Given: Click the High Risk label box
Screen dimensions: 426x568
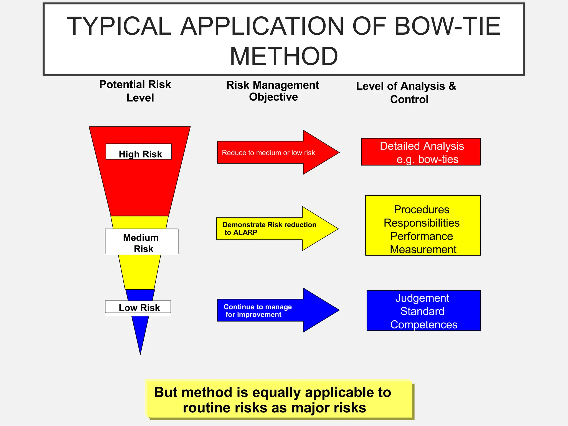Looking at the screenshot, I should tap(139, 152).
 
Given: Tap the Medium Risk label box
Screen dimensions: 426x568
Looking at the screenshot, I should tap(141, 242).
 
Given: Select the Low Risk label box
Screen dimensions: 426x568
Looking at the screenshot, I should tap(138, 307).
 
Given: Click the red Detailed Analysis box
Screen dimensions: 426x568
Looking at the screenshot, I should tap(421, 152).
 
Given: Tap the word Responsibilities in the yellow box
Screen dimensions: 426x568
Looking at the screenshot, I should tap(422, 223).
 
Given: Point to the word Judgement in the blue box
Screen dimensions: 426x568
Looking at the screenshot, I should tap(422, 298).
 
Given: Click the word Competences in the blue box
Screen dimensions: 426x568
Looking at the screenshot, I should tap(424, 324).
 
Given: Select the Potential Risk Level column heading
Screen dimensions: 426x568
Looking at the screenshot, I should tap(135, 91).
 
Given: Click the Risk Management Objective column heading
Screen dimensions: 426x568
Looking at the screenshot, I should tap(273, 91).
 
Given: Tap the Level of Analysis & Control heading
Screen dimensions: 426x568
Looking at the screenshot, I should tap(406, 92).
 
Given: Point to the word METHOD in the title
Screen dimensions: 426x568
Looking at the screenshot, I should tap(284, 56).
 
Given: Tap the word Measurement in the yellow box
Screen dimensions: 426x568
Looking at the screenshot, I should tap(423, 249).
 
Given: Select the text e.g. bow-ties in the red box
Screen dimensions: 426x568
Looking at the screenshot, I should tap(427, 159).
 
